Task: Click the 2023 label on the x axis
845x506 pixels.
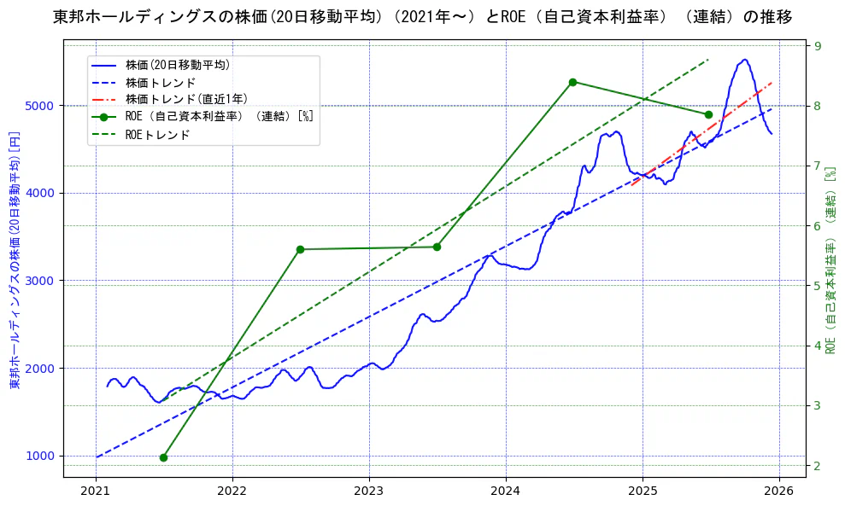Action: click(x=369, y=491)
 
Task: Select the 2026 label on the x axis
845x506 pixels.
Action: click(x=778, y=491)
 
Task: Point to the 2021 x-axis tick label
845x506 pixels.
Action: click(x=96, y=491)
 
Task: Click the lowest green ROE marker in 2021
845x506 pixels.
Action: click(x=163, y=457)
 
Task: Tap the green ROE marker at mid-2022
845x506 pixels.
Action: click(x=300, y=249)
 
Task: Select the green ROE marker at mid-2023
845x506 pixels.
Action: click(x=437, y=247)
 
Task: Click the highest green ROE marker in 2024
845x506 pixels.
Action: click(x=572, y=82)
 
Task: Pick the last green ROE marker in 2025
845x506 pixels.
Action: click(x=708, y=114)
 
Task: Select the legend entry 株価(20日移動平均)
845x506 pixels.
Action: click(x=177, y=65)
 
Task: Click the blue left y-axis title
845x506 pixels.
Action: click(x=14, y=260)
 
